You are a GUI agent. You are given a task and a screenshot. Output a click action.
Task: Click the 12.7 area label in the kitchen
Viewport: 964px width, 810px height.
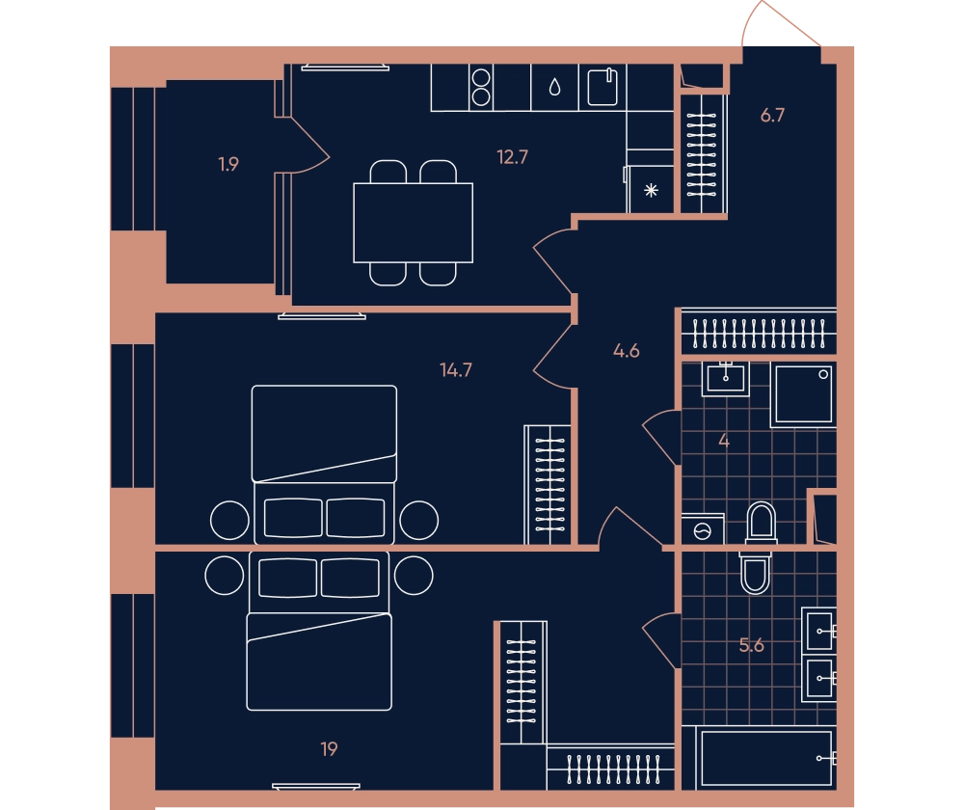[x=512, y=157]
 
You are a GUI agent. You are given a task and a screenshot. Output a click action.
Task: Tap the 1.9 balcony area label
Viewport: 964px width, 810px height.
[x=228, y=164]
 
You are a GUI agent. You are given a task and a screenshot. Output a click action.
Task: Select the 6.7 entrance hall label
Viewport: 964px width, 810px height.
[x=772, y=115]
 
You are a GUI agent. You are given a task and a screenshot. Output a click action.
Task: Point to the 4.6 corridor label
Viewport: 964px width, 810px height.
[x=626, y=351]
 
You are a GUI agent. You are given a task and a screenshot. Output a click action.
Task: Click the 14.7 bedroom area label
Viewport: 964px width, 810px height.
[x=456, y=369]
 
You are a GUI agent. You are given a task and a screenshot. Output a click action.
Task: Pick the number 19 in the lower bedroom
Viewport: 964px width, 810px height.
[x=329, y=748]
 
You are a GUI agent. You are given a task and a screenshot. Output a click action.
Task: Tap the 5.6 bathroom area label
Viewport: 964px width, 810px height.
[x=751, y=645]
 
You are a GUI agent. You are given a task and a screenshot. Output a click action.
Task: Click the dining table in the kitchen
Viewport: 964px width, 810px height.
[x=414, y=223]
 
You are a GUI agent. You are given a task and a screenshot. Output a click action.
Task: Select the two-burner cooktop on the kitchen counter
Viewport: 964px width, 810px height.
[x=481, y=88]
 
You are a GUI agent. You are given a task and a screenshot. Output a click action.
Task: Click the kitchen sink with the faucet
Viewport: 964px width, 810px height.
[x=602, y=88]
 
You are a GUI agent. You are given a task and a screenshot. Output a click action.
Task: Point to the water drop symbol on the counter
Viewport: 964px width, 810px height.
[x=554, y=88]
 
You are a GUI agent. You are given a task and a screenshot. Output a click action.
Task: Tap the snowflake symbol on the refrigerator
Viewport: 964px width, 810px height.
[x=651, y=190]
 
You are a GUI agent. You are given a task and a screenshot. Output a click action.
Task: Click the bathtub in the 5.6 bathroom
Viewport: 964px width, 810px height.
[x=766, y=758]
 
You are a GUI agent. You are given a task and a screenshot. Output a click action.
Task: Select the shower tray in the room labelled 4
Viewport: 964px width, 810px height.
[x=803, y=394]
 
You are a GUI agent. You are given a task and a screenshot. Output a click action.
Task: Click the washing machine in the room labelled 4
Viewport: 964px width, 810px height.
[x=703, y=529]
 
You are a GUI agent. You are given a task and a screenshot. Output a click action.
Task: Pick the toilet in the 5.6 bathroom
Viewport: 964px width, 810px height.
[x=755, y=572]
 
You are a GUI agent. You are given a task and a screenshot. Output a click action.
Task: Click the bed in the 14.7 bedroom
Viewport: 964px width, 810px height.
[x=324, y=465]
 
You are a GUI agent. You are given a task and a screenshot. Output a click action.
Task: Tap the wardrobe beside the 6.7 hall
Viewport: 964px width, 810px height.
[x=702, y=153]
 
